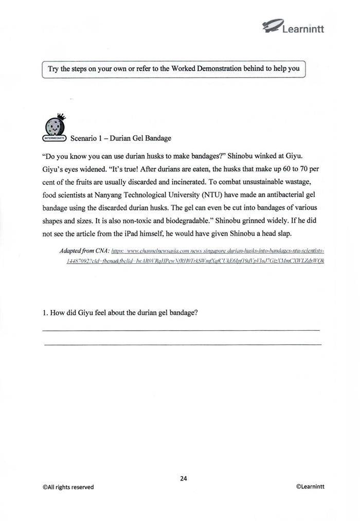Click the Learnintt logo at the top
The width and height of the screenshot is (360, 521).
click(293, 26)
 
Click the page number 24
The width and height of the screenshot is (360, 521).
click(184, 478)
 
